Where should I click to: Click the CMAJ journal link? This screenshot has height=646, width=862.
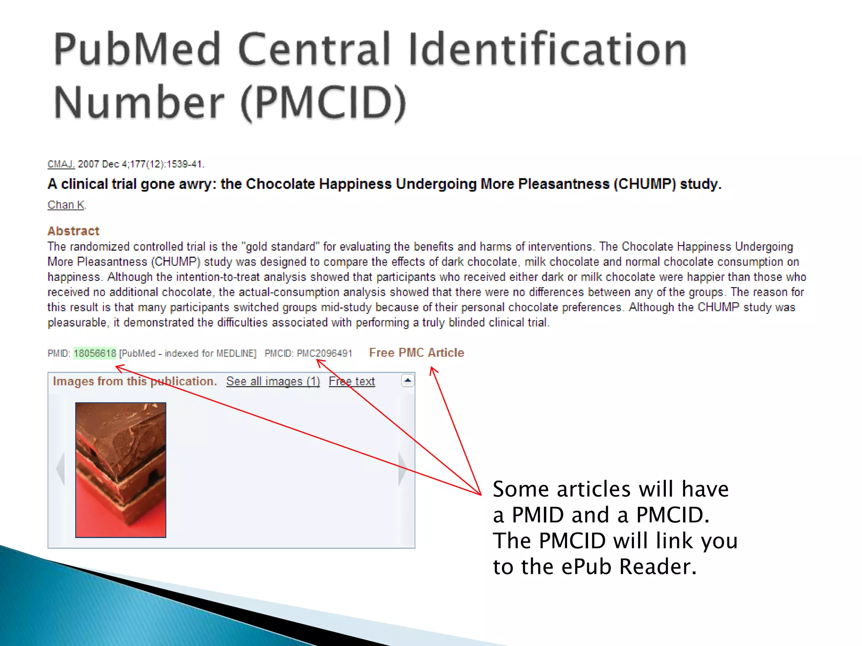pyautogui.click(x=61, y=164)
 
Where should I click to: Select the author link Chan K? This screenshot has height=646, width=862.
pyautogui.click(x=66, y=205)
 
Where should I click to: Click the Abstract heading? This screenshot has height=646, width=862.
pyautogui.click(x=73, y=231)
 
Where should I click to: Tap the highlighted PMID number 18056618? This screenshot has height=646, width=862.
pyautogui.click(x=95, y=353)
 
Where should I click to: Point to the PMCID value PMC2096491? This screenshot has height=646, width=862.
pyautogui.click(x=324, y=353)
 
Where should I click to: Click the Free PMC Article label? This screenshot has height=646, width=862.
pyautogui.click(x=416, y=352)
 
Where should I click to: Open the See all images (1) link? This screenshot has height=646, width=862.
pyautogui.click(x=273, y=381)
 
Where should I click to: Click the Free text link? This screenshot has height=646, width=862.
pyautogui.click(x=351, y=381)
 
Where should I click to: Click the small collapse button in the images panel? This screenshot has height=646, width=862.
pyautogui.click(x=407, y=380)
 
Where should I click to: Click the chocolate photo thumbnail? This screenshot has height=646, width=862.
pyautogui.click(x=121, y=470)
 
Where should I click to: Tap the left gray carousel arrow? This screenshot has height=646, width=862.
pyautogui.click(x=61, y=469)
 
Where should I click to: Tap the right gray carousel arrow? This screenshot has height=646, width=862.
pyautogui.click(x=402, y=469)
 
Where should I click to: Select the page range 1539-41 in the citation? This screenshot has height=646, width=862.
pyautogui.click(x=185, y=164)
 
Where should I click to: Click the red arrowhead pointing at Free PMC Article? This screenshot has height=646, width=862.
pyautogui.click(x=433, y=370)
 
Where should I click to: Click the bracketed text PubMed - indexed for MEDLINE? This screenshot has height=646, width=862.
pyautogui.click(x=188, y=353)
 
